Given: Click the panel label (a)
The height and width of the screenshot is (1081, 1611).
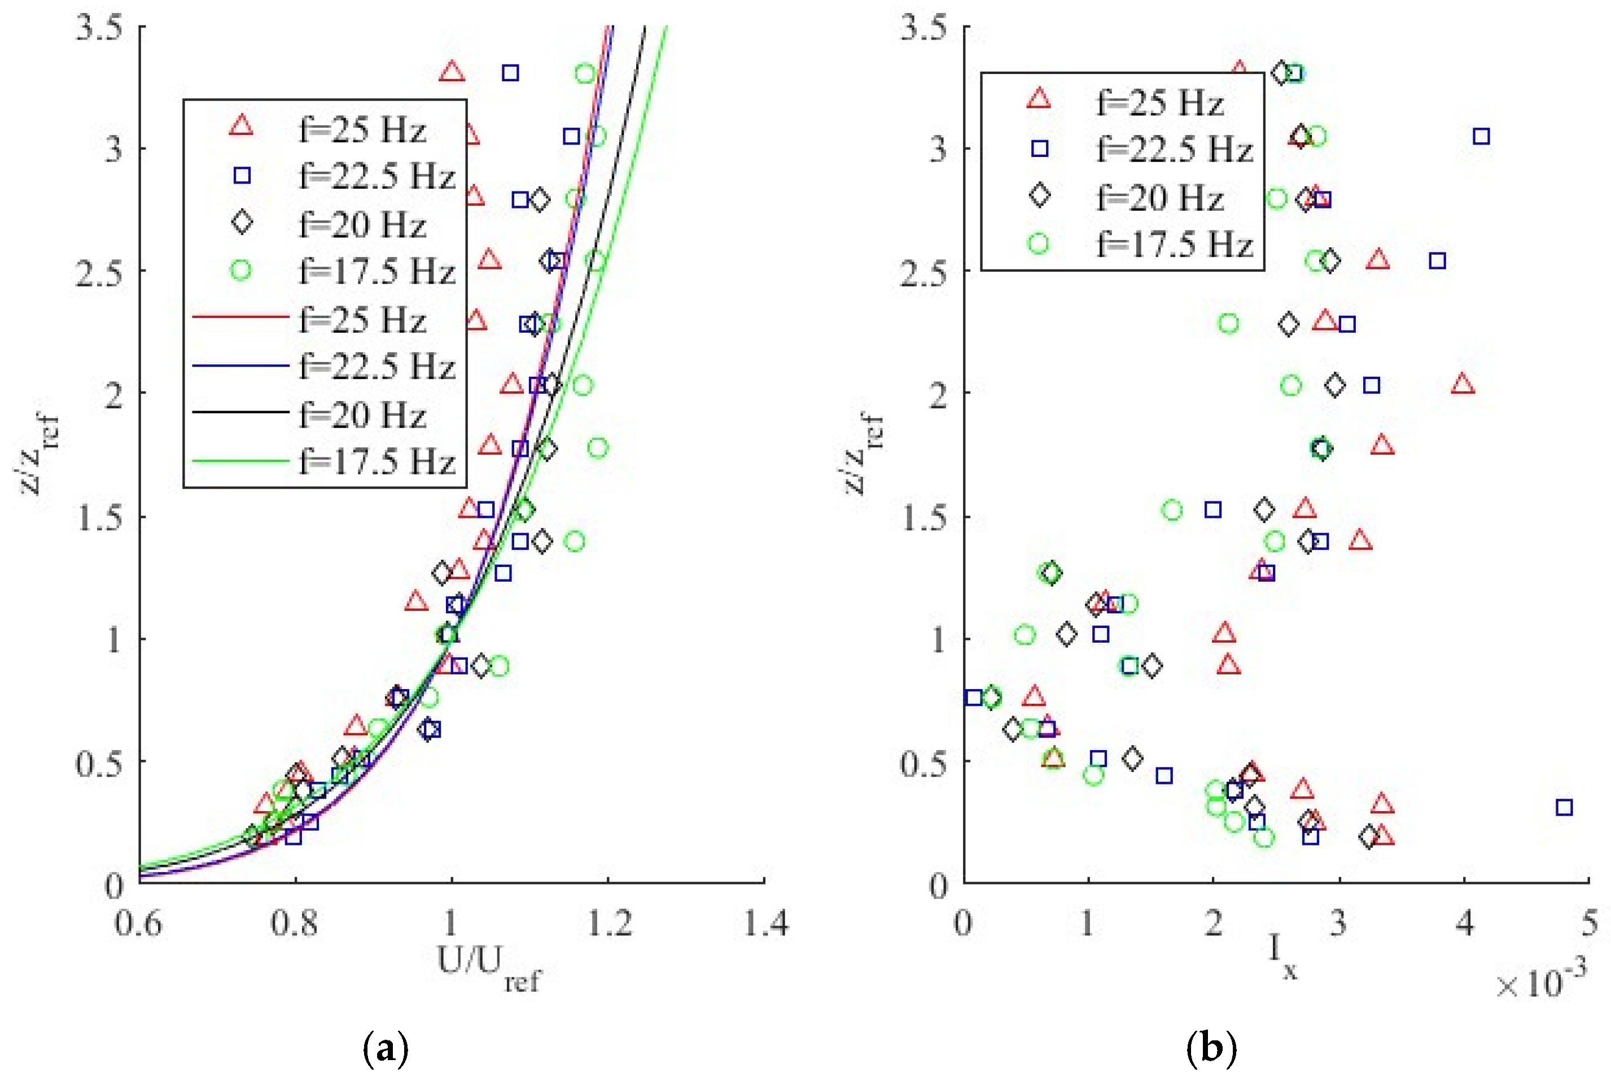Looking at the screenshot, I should point(384,1049).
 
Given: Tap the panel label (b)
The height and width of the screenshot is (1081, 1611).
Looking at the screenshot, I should point(1211,1049).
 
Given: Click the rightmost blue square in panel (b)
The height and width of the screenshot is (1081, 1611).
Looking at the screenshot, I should point(1564,807).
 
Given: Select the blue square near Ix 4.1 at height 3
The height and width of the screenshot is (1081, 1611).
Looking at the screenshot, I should point(1481,137).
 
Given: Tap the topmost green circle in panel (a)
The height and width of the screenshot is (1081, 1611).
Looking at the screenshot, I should point(585,73).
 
